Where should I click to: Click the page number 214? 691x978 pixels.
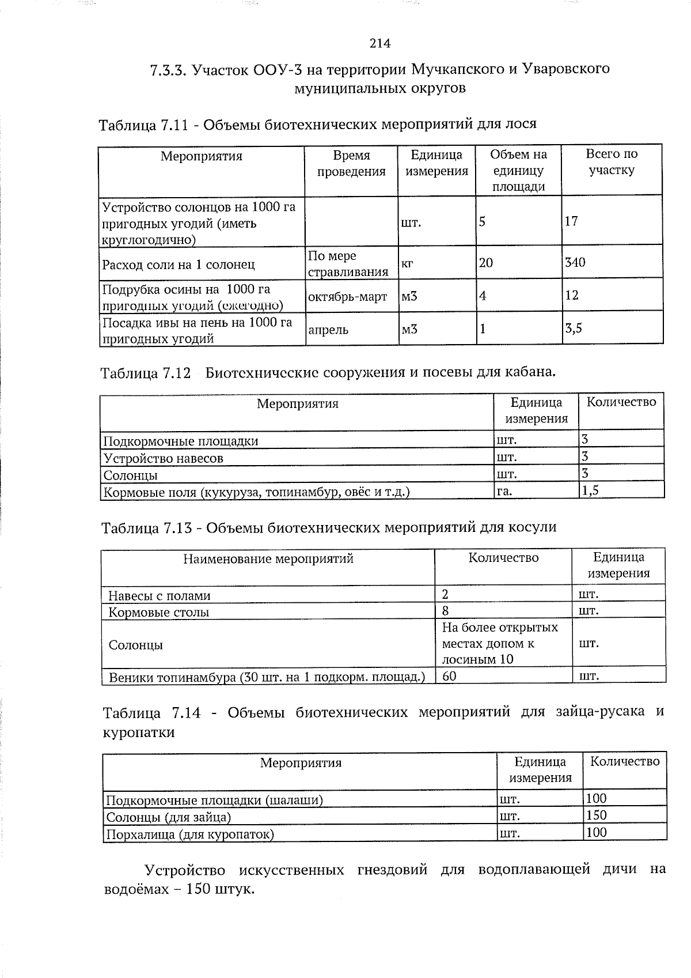[x=379, y=43]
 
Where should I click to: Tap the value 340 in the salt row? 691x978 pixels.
[x=575, y=263]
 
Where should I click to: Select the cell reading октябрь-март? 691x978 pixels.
[x=347, y=297]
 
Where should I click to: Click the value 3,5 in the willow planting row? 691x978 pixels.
[x=574, y=328]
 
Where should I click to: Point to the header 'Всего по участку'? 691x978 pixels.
[x=611, y=162]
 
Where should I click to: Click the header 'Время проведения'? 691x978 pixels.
[x=351, y=163]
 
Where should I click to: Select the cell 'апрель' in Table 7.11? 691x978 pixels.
[x=328, y=330]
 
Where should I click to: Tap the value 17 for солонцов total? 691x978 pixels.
[x=571, y=221]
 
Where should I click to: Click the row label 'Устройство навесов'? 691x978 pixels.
[x=163, y=459]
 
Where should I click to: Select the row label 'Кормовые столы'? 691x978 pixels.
[x=159, y=612]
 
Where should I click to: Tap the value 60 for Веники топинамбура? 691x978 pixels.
[x=449, y=676]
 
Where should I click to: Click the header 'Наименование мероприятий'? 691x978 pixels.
[x=268, y=558]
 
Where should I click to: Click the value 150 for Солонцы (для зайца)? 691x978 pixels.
[x=596, y=815]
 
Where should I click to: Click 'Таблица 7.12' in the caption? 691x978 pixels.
[x=145, y=373]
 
